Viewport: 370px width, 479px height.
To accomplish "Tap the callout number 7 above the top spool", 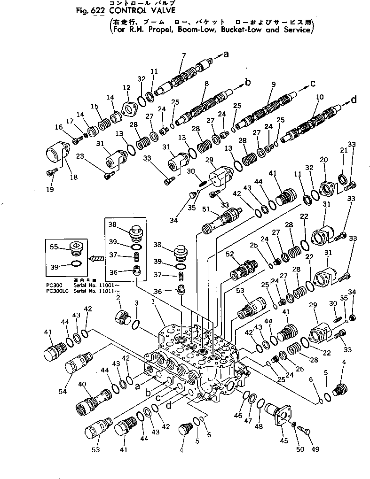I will click(183, 56).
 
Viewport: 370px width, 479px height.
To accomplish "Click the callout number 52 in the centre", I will click(230, 254).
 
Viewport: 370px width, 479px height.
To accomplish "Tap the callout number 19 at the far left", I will click(50, 189).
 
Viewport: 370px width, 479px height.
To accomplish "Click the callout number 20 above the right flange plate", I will click(323, 160).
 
